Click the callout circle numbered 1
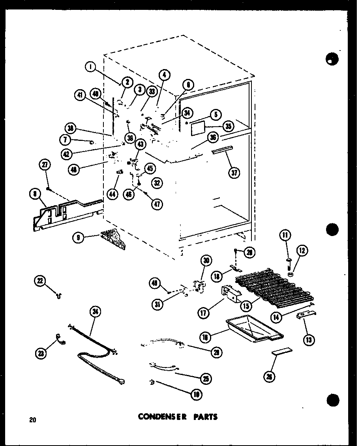click(91, 67)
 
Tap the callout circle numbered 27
click(45, 165)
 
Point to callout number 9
click(79, 238)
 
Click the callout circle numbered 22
click(39, 281)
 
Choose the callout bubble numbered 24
click(96, 312)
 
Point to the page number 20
click(32, 420)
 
